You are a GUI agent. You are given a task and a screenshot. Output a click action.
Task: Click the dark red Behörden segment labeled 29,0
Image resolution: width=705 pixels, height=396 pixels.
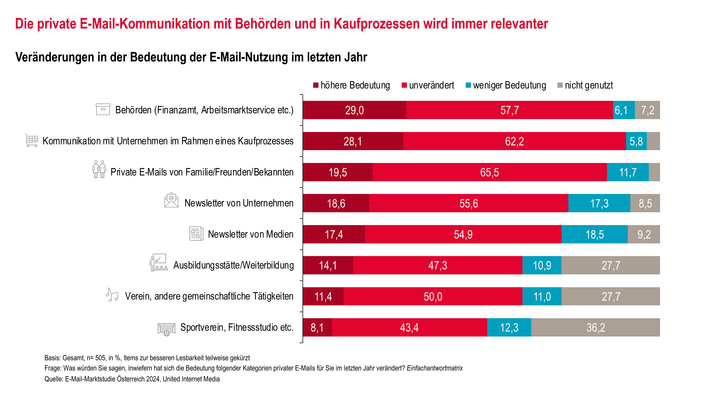pyautogui.click(x=354, y=110)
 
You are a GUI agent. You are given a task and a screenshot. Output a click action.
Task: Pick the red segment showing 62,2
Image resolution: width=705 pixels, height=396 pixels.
pyautogui.click(x=515, y=141)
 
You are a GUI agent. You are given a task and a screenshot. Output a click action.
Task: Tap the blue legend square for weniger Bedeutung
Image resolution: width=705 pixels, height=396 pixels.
pyautogui.click(x=468, y=85)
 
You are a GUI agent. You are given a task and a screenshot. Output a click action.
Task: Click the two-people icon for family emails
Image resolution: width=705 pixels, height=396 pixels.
pyautogui.click(x=99, y=169)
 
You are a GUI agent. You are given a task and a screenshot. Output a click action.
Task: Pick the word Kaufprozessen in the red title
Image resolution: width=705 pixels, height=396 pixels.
pyautogui.click(x=376, y=24)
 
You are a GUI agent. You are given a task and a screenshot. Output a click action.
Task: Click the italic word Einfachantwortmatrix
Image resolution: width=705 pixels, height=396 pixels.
pyautogui.click(x=435, y=368)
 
